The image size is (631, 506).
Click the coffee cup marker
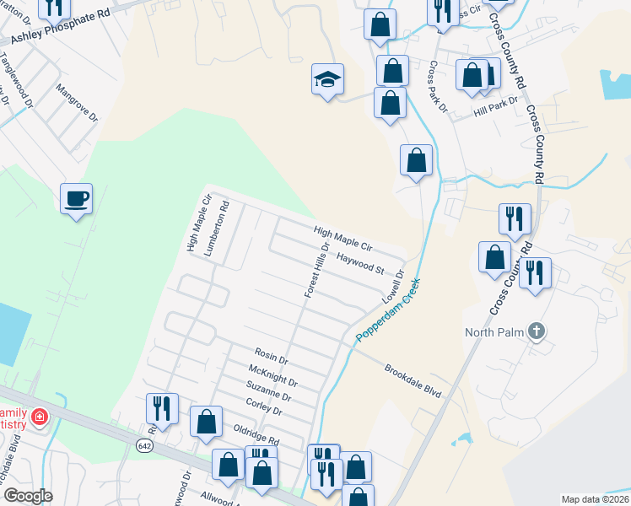[x=76, y=199]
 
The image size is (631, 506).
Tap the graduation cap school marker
[x=327, y=79]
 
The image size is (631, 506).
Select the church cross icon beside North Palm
[x=535, y=331]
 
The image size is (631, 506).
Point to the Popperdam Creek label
[x=387, y=311]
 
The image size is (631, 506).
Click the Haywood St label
[x=360, y=264]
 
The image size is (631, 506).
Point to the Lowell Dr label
[x=393, y=288]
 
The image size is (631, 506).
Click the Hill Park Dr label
[x=493, y=110]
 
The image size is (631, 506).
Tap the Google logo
[x=28, y=496]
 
